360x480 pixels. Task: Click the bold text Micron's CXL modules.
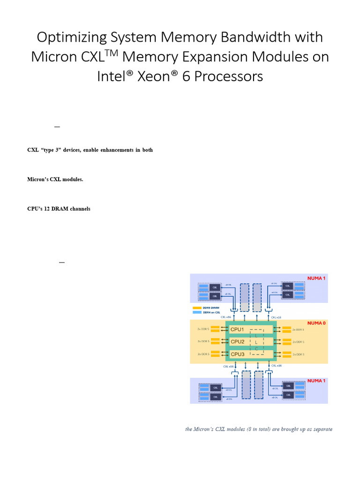[55, 179]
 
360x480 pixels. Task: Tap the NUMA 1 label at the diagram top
[315, 278]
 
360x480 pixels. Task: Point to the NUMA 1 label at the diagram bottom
[315, 381]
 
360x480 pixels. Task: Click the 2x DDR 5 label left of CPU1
[204, 330]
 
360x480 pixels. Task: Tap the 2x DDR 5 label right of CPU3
[298, 354]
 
